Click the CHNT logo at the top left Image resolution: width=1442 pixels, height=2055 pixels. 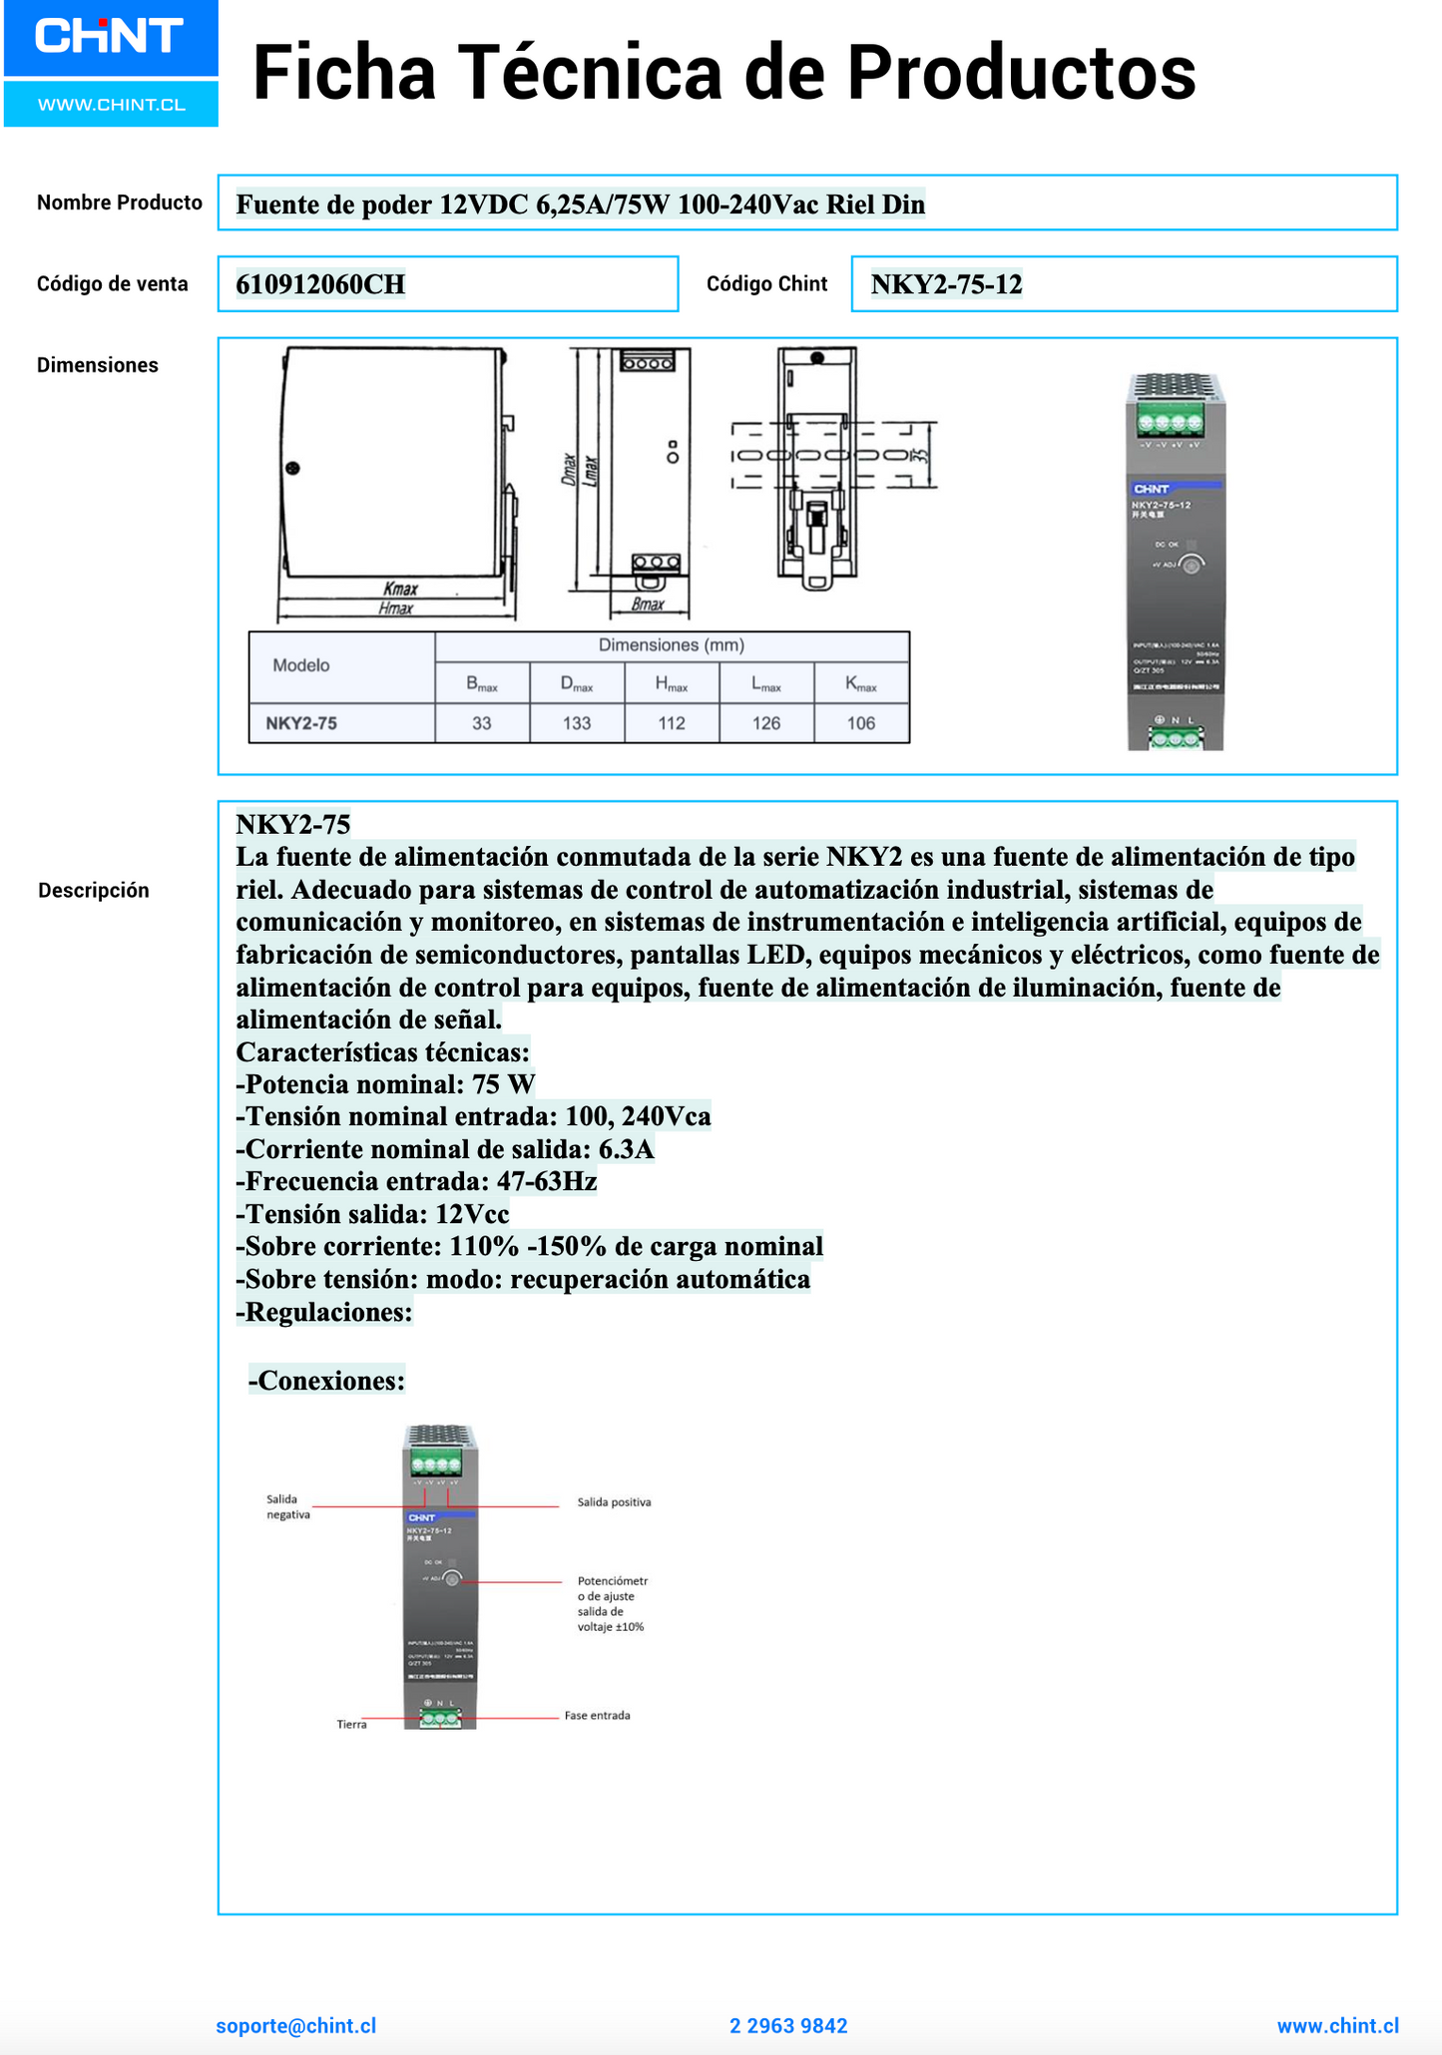[x=110, y=37]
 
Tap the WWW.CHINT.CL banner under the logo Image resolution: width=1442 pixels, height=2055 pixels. [x=111, y=105]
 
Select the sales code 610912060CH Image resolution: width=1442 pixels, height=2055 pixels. [x=320, y=285]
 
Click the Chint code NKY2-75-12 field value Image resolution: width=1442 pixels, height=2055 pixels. [x=946, y=285]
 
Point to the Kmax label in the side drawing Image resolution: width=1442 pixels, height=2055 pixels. [x=400, y=590]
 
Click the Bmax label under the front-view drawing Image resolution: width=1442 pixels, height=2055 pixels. [x=648, y=605]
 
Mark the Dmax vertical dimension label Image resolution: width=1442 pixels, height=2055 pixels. [x=568, y=469]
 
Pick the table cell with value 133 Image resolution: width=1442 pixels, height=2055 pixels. [x=577, y=723]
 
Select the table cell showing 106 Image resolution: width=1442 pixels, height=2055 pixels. [x=860, y=723]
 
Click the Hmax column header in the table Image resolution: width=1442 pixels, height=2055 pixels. [x=671, y=684]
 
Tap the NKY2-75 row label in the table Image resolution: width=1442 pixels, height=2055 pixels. [x=301, y=723]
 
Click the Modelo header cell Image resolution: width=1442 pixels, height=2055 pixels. [x=301, y=665]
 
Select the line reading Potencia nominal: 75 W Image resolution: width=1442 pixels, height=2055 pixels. [x=385, y=1084]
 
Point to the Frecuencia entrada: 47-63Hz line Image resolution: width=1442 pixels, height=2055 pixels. [x=416, y=1182]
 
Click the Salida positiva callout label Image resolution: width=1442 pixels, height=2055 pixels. [x=614, y=1502]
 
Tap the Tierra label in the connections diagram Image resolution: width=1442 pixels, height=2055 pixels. [x=351, y=1725]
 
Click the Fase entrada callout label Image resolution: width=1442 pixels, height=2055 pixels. [x=597, y=1716]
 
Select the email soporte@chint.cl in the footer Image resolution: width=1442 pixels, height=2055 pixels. [x=296, y=2026]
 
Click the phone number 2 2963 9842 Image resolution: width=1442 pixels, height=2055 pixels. [x=788, y=2026]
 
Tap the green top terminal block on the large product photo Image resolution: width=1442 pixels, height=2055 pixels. [x=1169, y=423]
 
